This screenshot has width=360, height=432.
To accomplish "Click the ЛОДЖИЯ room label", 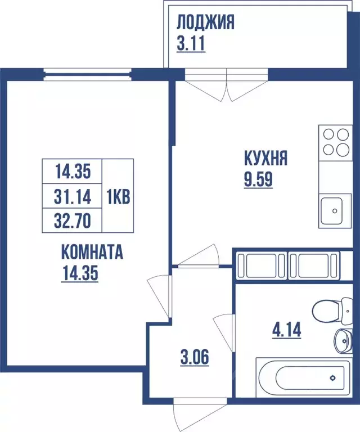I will (x=205, y=23).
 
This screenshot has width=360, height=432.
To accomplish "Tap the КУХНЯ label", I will (x=265, y=158).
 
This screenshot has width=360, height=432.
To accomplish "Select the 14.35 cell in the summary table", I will (x=73, y=169).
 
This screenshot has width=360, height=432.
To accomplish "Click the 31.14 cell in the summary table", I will (x=73, y=196).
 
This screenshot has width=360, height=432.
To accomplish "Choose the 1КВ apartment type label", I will (x=119, y=196).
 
